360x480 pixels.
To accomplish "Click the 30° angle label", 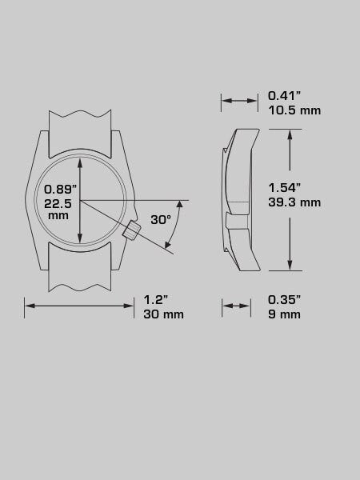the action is pyautogui.click(x=161, y=219).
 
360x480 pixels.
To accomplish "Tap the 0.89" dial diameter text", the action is pyautogui.click(x=60, y=189).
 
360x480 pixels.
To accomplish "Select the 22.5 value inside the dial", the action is pyautogui.click(x=58, y=203).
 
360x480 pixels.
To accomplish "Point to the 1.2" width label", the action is pyautogui.click(x=156, y=299).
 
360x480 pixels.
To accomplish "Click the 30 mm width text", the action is pyautogui.click(x=163, y=314).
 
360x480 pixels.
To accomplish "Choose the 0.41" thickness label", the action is pyautogui.click(x=284, y=95).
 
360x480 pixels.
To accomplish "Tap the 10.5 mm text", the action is pyautogui.click(x=294, y=110).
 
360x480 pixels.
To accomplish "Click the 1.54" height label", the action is pyautogui.click(x=284, y=188).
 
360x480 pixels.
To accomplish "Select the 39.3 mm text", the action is pyautogui.click(x=294, y=202).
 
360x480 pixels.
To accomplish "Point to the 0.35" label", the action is pyautogui.click(x=284, y=299).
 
